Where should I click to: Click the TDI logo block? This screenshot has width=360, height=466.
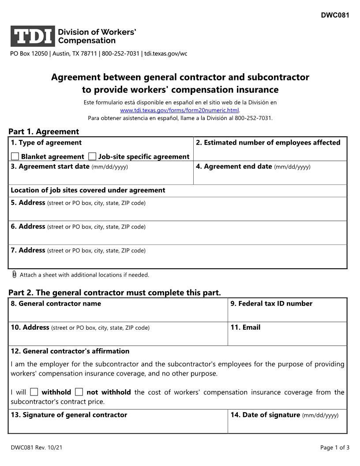click(x=33, y=36)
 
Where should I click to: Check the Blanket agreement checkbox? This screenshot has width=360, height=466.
click(x=15, y=156)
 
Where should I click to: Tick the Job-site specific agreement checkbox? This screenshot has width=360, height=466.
click(x=92, y=156)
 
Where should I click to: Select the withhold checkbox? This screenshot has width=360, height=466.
click(x=34, y=392)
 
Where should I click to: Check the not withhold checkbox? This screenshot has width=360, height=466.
click(x=79, y=392)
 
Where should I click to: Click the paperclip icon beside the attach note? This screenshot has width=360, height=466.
click(x=14, y=274)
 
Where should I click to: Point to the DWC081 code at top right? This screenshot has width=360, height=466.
click(x=335, y=15)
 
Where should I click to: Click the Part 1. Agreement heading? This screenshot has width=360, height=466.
click(x=44, y=132)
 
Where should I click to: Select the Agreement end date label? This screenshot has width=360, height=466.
click(x=234, y=166)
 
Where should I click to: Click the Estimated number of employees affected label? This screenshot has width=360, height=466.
click(x=268, y=143)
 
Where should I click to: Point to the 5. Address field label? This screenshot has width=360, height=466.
click(x=28, y=203)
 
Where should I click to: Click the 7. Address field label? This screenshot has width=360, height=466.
click(x=28, y=250)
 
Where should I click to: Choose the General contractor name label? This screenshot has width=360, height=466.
click(x=56, y=304)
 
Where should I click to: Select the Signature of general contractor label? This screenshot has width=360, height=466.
click(x=69, y=415)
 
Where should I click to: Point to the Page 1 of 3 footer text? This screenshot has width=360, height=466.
click(x=335, y=447)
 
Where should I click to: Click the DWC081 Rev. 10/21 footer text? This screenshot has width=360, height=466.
click(x=37, y=447)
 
